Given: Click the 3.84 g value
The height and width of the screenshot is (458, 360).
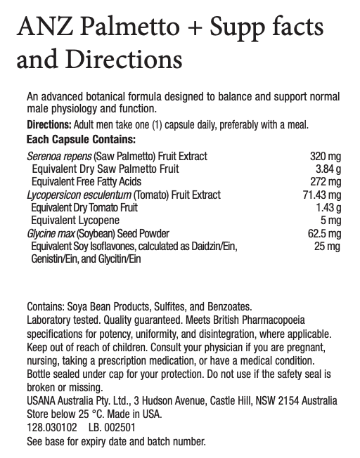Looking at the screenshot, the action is coord(329,169).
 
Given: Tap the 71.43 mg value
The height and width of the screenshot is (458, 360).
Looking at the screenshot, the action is coord(321,195).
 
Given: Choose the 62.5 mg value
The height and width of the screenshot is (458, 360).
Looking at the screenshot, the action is coord(324,233).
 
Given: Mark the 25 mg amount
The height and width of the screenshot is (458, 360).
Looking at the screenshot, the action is coord(327,246).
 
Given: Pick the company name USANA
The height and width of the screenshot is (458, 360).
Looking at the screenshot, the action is coord(42,400).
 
